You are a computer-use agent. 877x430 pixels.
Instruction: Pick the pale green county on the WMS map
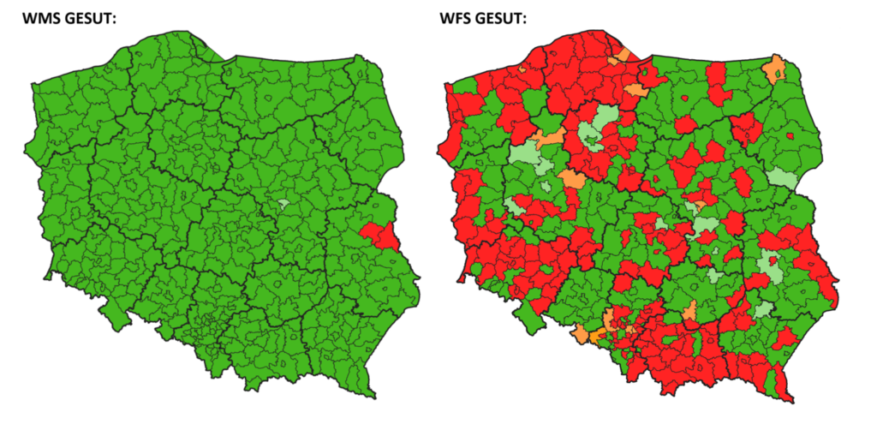[x=283, y=206]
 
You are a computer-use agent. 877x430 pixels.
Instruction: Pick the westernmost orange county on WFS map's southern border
[x=582, y=334]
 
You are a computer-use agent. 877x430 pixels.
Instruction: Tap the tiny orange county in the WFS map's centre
[x=700, y=206]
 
